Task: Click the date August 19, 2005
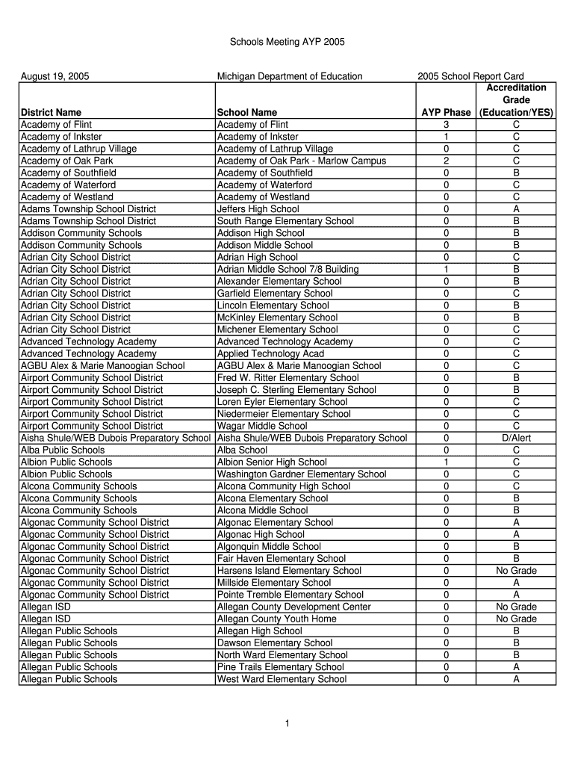pos(55,76)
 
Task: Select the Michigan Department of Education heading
pos(289,76)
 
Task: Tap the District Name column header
pos(52,113)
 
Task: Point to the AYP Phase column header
pos(446,113)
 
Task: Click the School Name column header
pos(246,113)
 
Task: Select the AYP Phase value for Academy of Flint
pos(446,125)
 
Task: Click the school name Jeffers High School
pos(258,209)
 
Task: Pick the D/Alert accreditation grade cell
pos(516,438)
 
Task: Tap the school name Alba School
pos(242,450)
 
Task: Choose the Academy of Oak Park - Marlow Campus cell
pos(301,161)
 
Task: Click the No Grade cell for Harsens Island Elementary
pos(516,571)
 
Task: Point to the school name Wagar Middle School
pos(261,426)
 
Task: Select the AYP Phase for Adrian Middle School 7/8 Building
pos(446,269)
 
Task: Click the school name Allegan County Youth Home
pos(276,619)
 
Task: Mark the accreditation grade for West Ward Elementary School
pos(516,679)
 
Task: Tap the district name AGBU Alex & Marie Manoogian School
pos(102,365)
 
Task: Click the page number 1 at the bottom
pos(287,723)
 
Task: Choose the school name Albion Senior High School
pos(272,462)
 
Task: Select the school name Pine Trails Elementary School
pos(281,667)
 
